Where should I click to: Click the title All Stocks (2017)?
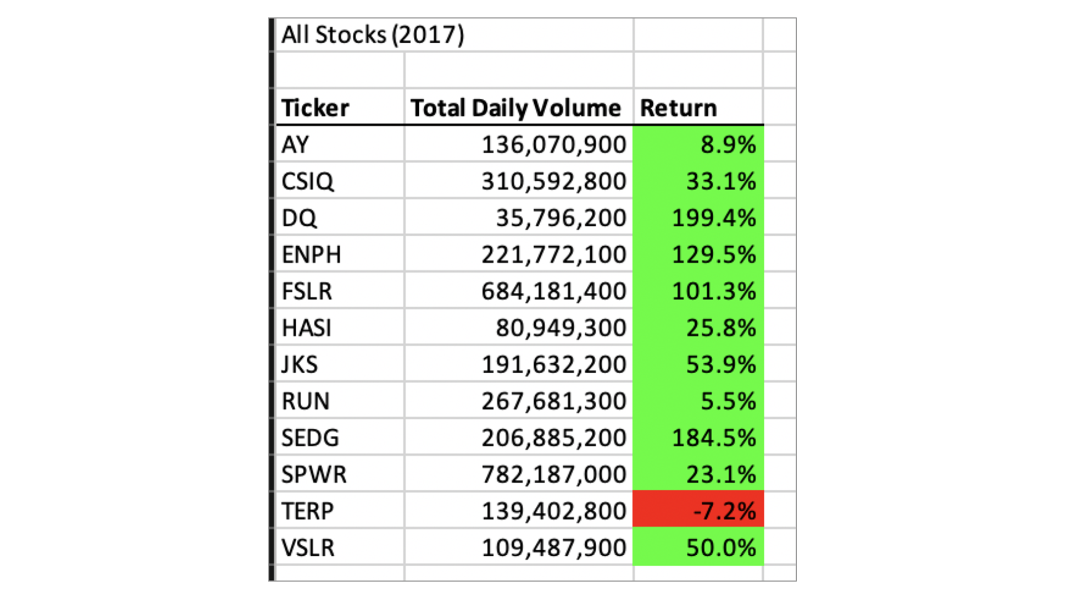click(373, 35)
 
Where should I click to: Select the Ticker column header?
click(315, 108)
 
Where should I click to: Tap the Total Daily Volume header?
click(515, 108)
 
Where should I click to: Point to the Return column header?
click(678, 108)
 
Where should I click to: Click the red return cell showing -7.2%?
click(724, 511)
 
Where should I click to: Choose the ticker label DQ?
click(299, 218)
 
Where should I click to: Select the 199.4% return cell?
click(713, 218)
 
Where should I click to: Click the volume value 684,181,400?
click(554, 291)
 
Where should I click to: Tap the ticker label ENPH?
click(311, 255)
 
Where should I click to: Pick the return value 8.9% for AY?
click(728, 145)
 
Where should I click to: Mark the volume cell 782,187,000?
click(554, 474)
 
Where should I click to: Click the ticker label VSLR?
click(308, 547)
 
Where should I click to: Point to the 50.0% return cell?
click(721, 547)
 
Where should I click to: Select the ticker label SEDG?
click(310, 438)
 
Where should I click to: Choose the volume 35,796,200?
click(561, 218)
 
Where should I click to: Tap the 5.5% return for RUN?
click(728, 401)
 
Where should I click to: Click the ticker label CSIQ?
click(307, 181)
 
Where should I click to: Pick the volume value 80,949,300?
click(561, 328)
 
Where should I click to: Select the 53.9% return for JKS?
click(721, 364)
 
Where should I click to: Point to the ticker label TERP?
click(307, 511)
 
